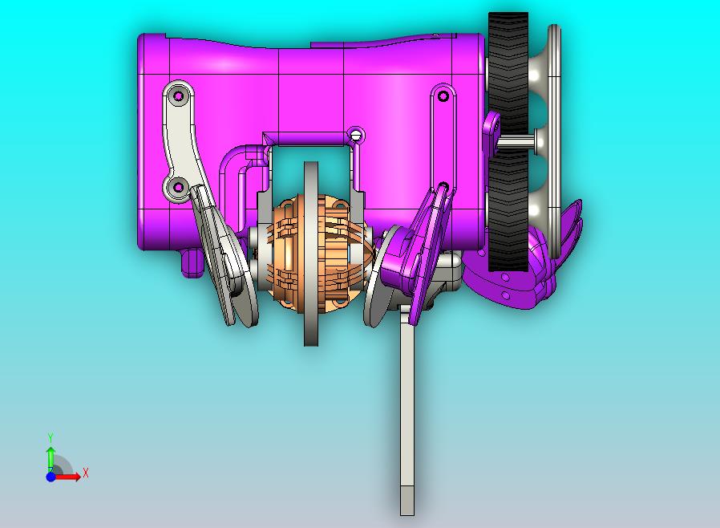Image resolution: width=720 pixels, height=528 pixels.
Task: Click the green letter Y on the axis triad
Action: (51, 437)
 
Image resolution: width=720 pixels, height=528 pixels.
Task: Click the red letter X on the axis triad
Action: (86, 473)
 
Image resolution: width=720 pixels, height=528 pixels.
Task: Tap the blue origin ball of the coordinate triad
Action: (51, 477)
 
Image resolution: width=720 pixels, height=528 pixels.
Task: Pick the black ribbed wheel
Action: (508, 141)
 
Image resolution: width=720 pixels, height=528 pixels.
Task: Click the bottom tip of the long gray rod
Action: (407, 514)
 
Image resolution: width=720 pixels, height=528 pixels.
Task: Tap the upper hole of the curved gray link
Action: (178, 97)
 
